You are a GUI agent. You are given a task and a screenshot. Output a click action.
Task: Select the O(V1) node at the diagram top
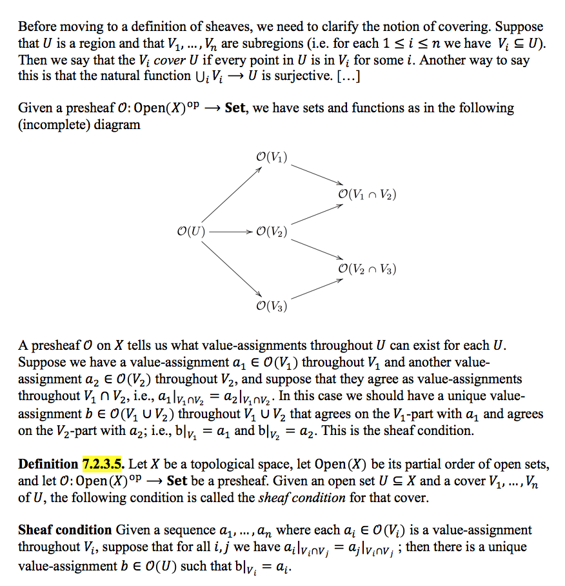[x=272, y=157]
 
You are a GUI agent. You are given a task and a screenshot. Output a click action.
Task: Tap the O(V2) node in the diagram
[x=272, y=231]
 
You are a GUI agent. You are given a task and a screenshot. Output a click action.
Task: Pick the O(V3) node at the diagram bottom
[x=272, y=305]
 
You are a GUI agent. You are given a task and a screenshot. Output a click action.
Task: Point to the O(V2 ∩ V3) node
[x=367, y=268]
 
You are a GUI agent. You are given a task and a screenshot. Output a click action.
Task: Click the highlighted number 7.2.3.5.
[x=103, y=465]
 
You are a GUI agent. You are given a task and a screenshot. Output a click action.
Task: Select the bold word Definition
[x=48, y=465]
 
